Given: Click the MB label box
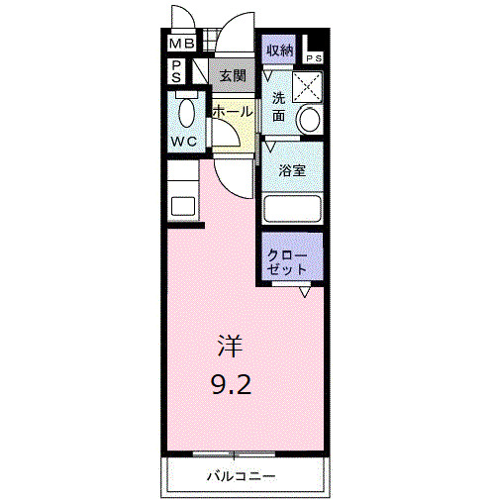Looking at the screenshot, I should [x=180, y=44].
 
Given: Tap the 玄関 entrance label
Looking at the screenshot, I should [x=232, y=75].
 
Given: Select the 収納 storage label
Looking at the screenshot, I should [x=279, y=50].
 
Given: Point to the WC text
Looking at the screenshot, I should [x=183, y=142].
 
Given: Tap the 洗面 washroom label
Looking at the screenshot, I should [x=280, y=107].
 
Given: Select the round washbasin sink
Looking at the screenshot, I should [x=310, y=120].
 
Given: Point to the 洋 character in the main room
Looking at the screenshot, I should [x=230, y=347].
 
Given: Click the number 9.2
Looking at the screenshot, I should [x=230, y=382].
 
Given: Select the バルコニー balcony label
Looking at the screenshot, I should [x=241, y=476].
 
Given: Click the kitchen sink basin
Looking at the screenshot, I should [x=182, y=207].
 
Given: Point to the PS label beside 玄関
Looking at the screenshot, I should [x=175, y=71].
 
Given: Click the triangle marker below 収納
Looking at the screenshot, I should [x=268, y=73].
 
